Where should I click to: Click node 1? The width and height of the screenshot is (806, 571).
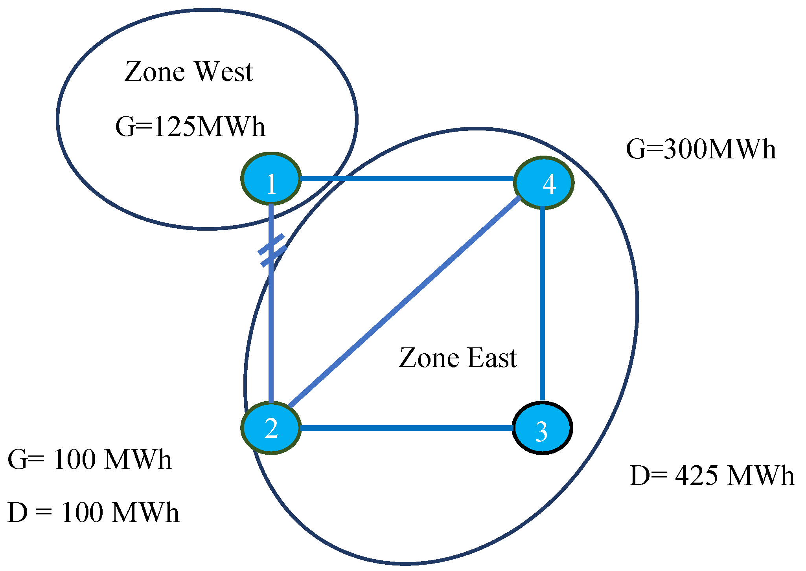point(271,179)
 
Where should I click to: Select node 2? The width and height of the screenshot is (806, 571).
point(271,428)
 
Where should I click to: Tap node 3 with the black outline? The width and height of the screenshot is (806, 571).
point(542,428)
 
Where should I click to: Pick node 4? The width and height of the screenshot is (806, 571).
point(544,183)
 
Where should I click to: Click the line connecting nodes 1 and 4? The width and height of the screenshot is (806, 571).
point(407,179)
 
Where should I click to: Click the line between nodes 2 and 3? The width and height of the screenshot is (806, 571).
point(407,428)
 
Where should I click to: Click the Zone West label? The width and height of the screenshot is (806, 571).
point(188,72)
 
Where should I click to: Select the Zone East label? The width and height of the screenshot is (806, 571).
point(458,358)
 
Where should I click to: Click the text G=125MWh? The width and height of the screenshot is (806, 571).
point(190,127)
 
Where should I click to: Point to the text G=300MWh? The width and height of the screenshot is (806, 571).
point(701,149)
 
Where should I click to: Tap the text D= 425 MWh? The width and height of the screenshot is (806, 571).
point(712,476)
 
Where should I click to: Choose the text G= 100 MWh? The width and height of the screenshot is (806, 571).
point(90,459)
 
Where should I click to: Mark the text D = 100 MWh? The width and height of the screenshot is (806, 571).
point(94,512)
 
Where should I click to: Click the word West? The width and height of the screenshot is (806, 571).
point(224,72)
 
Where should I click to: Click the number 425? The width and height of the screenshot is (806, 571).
point(696,476)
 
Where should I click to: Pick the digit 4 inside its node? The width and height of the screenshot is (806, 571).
point(549,184)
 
